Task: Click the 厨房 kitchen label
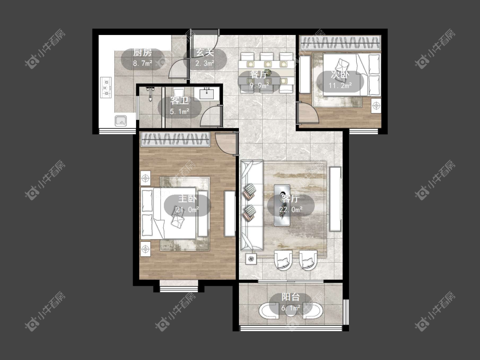tap(143, 52)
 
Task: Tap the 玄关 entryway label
tap(205, 52)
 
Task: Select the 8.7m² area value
tap(143, 64)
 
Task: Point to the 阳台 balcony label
tap(291, 297)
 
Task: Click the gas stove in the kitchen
tap(106, 87)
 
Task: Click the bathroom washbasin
tap(209, 93)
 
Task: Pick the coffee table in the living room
tap(282, 205)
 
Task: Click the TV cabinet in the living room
tap(335, 199)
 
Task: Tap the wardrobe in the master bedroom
tap(175, 139)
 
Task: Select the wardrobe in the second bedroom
tap(340, 43)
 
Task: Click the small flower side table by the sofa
tap(251, 259)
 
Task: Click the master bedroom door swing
tap(226, 144)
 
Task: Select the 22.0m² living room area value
tap(291, 210)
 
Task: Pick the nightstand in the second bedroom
tap(376, 106)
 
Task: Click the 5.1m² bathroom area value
tap(180, 111)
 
